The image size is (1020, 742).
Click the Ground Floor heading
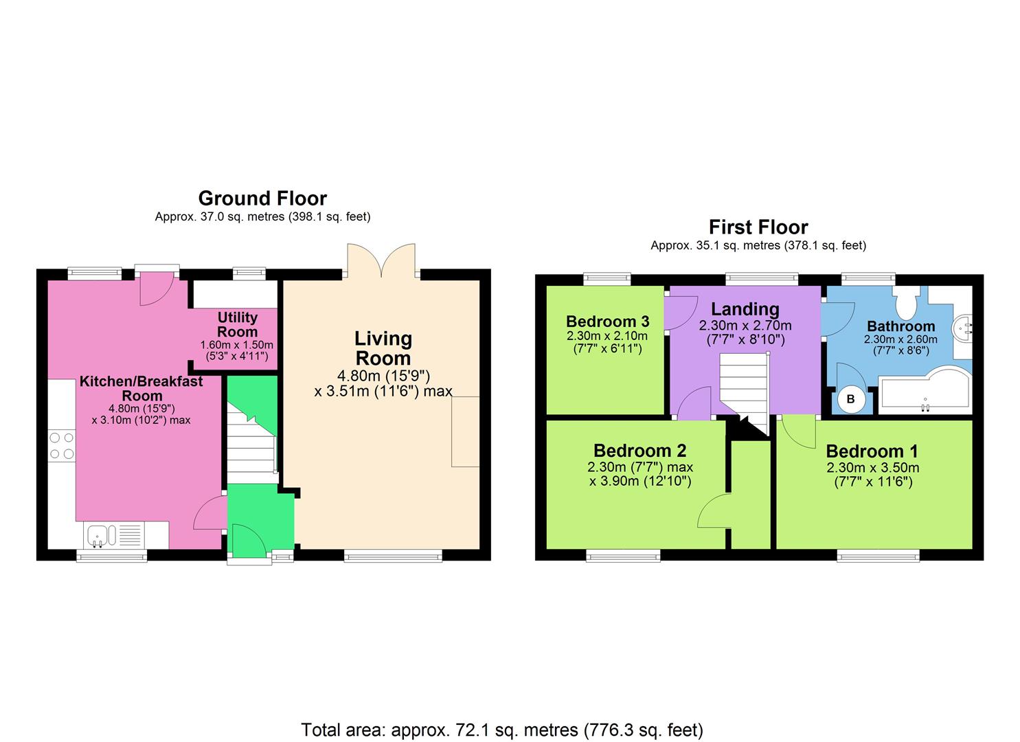262,199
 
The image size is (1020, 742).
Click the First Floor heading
758,227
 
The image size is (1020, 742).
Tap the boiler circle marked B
850,399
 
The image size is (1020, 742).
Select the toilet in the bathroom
905,302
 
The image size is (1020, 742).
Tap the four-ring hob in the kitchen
61,445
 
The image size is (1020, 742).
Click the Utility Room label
237,324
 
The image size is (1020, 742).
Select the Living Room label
383,348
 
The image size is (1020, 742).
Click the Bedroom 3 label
607,322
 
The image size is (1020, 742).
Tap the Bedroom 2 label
639,451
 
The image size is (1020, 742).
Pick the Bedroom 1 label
872,451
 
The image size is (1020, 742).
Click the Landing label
745,309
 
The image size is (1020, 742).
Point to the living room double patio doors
381,260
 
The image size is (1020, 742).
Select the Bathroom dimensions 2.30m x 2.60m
900,339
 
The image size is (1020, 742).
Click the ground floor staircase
252,443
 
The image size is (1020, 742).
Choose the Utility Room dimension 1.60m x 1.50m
237,345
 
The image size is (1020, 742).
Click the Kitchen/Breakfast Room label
141,388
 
